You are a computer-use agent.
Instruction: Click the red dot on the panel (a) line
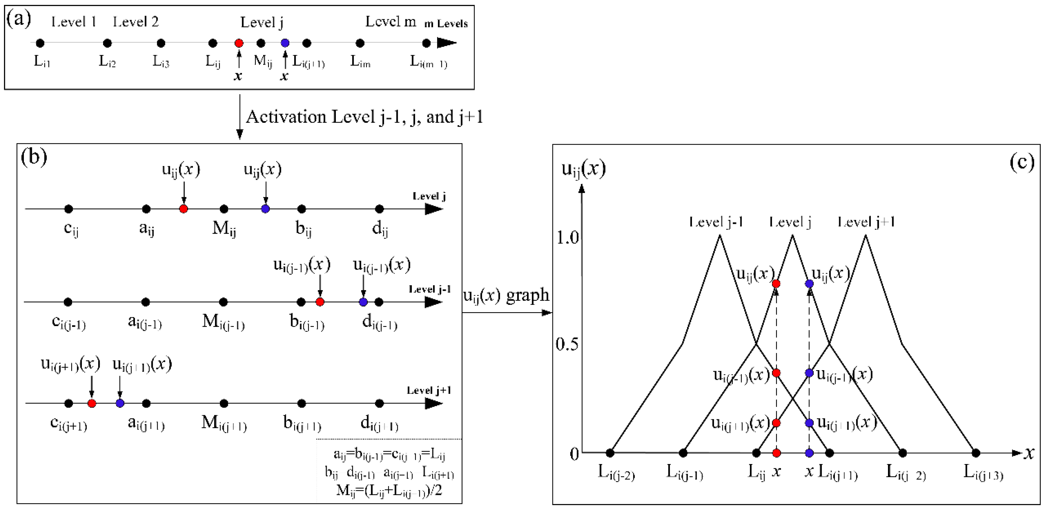239,43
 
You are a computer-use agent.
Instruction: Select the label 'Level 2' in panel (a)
136,22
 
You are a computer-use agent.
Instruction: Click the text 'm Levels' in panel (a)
446,24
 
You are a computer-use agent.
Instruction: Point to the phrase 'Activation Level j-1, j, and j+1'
364,117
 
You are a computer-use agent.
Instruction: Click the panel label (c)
1021,162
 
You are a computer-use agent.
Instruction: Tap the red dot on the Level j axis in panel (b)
183,209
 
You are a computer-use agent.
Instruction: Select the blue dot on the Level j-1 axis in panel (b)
363,302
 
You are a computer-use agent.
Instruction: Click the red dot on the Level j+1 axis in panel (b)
92,403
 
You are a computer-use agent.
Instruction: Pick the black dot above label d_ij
379,209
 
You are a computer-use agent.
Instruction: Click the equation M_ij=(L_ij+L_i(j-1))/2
389,490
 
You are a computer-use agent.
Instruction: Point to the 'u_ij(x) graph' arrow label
506,296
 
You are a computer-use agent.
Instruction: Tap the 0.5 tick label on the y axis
567,344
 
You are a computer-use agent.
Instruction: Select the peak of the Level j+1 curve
866,235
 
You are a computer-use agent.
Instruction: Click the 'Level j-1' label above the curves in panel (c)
716,222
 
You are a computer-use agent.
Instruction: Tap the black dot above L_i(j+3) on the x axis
976,453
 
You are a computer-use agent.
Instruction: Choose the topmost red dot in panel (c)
776,284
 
